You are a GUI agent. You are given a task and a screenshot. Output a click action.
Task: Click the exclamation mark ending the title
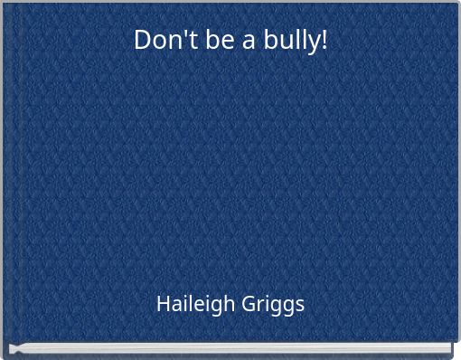323,41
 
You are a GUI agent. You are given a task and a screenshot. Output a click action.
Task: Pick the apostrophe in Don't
170,33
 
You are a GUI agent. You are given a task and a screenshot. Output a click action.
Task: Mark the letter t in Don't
177,41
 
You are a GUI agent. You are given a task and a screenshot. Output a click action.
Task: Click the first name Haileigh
192,304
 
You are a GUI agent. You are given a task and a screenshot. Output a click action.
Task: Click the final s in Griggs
300,306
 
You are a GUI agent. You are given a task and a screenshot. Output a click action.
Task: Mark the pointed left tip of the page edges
12,348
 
